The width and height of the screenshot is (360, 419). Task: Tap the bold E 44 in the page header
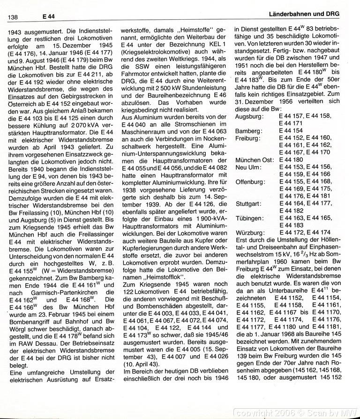(x=48, y=16)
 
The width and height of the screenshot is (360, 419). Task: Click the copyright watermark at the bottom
(x=297, y=412)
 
